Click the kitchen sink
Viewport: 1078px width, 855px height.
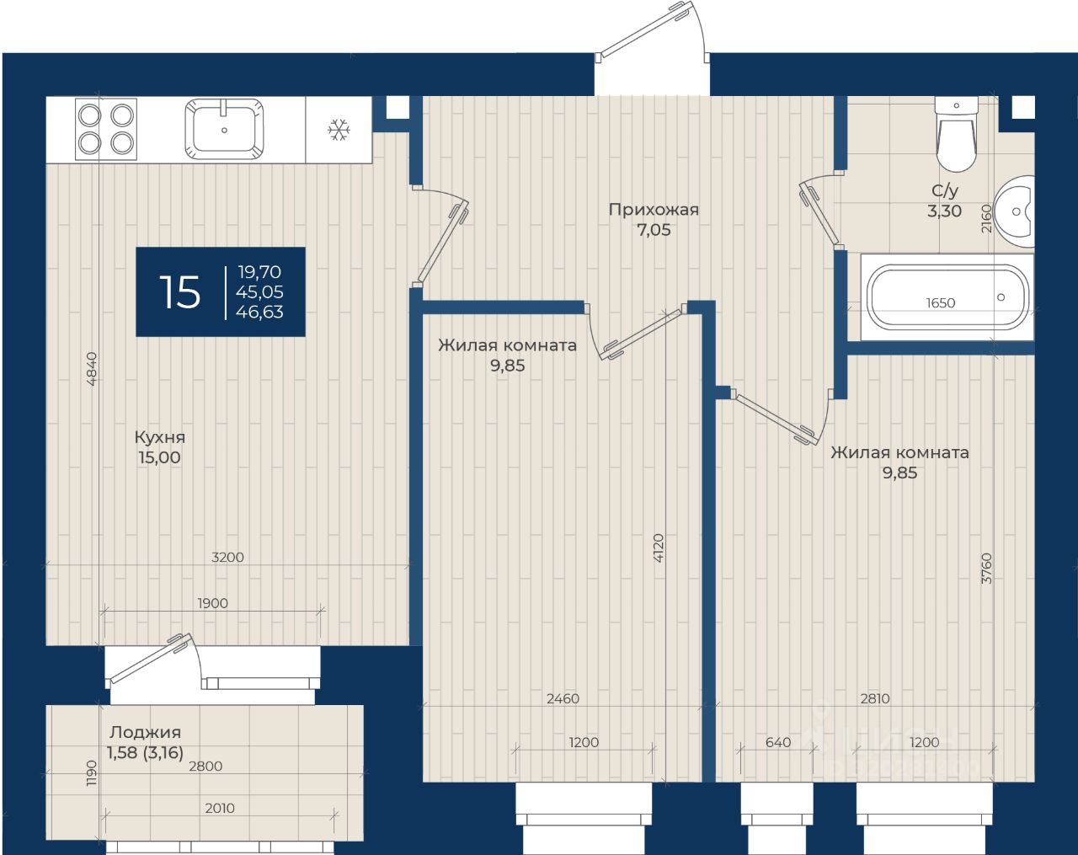click(x=224, y=129)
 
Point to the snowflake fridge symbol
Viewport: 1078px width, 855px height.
click(x=339, y=130)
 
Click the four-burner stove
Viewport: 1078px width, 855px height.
click(x=106, y=129)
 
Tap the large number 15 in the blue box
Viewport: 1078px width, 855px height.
click(x=180, y=292)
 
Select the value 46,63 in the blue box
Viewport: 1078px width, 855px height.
click(x=259, y=312)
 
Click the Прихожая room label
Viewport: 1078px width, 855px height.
click(x=654, y=209)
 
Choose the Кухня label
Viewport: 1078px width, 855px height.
click(x=160, y=437)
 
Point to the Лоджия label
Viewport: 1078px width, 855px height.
click(x=145, y=732)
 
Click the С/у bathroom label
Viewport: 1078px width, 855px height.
click(x=945, y=190)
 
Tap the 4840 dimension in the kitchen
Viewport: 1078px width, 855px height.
click(x=92, y=368)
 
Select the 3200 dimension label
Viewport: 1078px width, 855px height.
click(x=227, y=557)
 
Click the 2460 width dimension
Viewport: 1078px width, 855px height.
click(x=563, y=698)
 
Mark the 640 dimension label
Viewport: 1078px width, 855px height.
click(x=778, y=742)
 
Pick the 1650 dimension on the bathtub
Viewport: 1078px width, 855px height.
click(x=940, y=302)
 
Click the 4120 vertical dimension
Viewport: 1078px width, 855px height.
click(x=659, y=548)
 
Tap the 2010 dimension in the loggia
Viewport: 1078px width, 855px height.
click(x=220, y=808)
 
